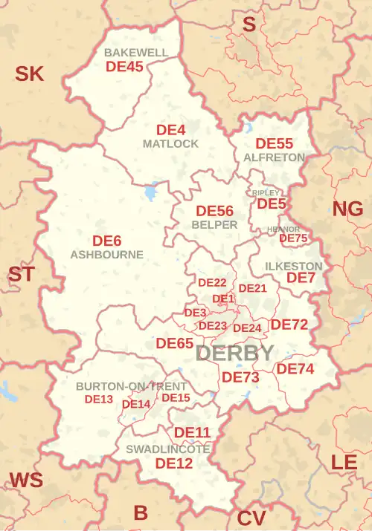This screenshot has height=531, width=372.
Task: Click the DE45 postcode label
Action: (125, 66)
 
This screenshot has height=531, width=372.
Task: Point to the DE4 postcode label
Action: (170, 129)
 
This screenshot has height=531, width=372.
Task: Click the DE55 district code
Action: (275, 143)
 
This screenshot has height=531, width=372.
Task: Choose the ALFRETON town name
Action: (274, 157)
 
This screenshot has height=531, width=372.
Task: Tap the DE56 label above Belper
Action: (214, 211)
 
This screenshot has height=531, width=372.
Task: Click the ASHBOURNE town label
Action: (106, 254)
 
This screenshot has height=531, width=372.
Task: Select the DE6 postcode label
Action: (106, 240)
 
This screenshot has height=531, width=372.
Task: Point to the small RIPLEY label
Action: (266, 192)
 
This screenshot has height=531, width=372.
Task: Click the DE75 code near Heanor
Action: (293, 238)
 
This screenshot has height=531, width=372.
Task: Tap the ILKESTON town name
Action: (295, 266)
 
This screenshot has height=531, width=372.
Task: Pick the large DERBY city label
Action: (234, 354)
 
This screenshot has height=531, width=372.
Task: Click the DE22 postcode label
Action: (212, 283)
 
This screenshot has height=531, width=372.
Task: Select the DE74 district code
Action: (295, 368)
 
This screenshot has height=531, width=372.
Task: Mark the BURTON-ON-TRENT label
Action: (132, 387)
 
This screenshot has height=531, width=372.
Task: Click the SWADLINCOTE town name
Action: (168, 449)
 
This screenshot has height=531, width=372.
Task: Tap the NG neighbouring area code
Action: (347, 209)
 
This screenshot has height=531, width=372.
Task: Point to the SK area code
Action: (30, 74)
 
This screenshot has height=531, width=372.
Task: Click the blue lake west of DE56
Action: (152, 192)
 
